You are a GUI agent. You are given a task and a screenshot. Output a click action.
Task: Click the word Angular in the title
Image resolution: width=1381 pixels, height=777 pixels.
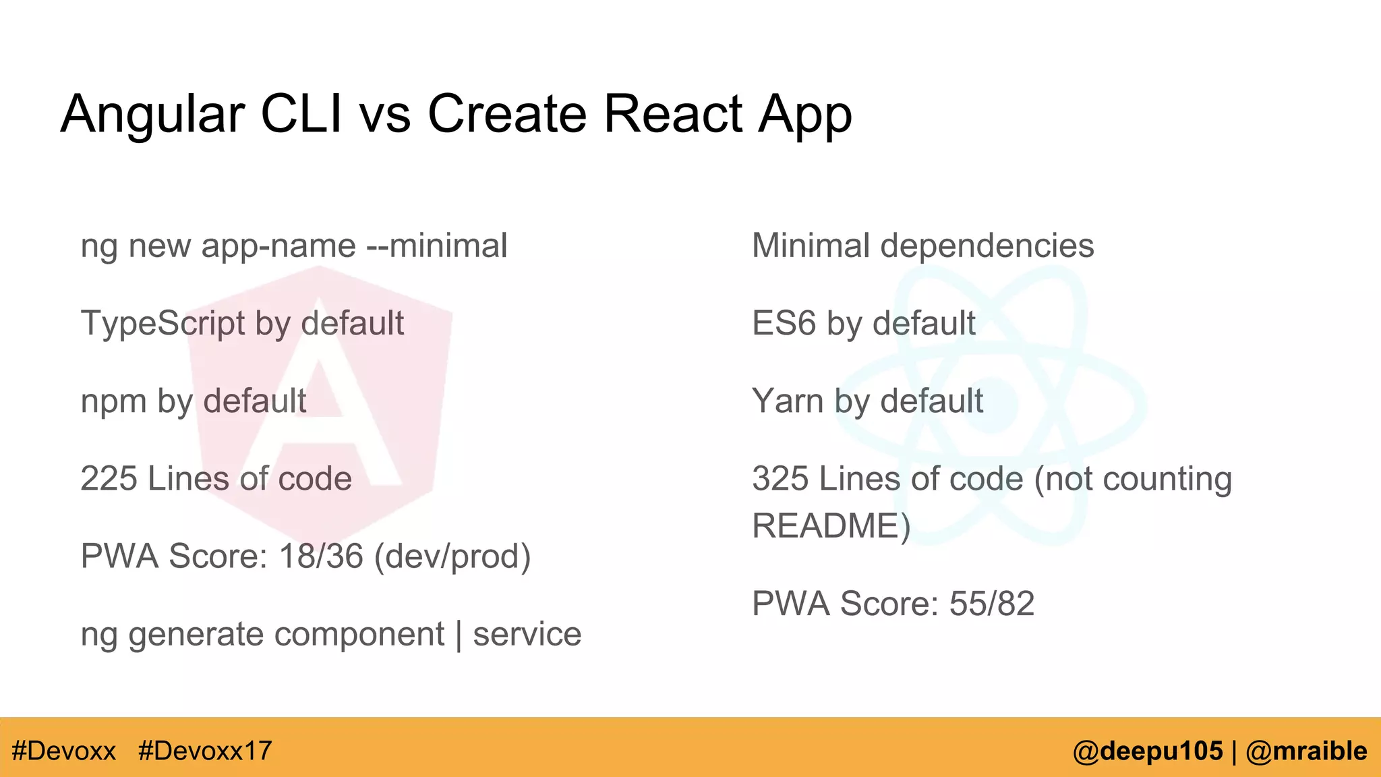point(152,115)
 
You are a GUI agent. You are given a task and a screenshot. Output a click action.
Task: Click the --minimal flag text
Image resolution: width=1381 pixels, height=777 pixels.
point(436,246)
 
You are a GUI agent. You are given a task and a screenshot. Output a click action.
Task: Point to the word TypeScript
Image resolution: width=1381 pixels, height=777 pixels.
point(163,324)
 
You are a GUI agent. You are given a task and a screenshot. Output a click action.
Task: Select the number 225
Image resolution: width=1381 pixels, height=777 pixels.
point(108,478)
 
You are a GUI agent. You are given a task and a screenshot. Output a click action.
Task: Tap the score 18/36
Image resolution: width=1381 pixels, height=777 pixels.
point(321,556)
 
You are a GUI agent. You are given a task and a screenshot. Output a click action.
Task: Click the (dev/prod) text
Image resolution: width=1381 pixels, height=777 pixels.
point(452,556)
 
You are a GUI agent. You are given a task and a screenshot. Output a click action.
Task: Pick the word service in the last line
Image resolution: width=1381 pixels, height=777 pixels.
point(527,634)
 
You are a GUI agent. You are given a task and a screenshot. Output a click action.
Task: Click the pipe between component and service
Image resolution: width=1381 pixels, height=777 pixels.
point(459,635)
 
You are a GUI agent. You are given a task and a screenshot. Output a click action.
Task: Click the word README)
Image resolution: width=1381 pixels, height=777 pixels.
point(831,526)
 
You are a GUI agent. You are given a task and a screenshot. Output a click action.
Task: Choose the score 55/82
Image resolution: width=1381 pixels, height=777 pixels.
point(991,604)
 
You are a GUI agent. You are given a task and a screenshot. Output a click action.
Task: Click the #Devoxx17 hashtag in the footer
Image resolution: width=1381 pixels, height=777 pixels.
point(205,751)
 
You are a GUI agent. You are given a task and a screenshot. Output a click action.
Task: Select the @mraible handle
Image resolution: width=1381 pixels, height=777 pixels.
point(1306,751)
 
